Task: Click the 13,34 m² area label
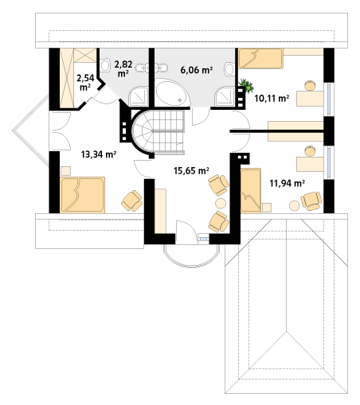pyautogui.click(x=99, y=154)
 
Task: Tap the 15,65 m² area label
pyautogui.click(x=191, y=170)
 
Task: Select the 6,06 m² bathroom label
pyautogui.click(x=197, y=70)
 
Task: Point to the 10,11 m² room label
pyautogui.click(x=272, y=99)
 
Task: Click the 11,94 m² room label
pyautogui.click(x=287, y=183)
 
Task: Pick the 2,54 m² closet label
pyautogui.click(x=85, y=83)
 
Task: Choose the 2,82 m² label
pyautogui.click(x=123, y=68)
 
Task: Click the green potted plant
pyautogui.click(x=247, y=85)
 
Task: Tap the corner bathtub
pyautogui.click(x=173, y=92)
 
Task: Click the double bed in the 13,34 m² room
pyautogui.click(x=82, y=195)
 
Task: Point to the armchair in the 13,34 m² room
pyautogui.click(x=132, y=201)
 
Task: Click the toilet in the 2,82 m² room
pyautogui.click(x=105, y=65)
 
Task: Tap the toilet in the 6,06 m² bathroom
pyautogui.click(x=229, y=68)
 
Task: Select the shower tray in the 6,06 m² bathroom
pyautogui.click(x=225, y=97)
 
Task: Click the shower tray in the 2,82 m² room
pyautogui.click(x=139, y=97)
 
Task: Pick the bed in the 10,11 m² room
pyautogui.click(x=260, y=58)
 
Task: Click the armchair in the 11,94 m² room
pyautogui.click(x=311, y=201)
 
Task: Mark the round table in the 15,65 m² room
pyautogui.click(x=221, y=204)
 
